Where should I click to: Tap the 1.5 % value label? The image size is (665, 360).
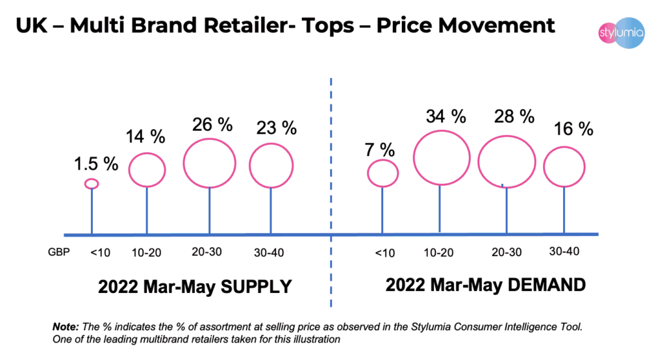[95, 163]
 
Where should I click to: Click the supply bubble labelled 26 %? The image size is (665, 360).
[209, 162]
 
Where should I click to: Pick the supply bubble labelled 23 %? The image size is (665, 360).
[273, 165]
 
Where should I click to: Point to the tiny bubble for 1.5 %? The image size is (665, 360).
[92, 184]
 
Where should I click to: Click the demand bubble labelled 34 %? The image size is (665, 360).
[441, 158]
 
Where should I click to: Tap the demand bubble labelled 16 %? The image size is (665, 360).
[564, 167]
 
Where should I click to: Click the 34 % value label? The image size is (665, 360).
[445, 117]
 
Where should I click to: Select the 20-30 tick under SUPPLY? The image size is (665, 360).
[208, 251]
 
